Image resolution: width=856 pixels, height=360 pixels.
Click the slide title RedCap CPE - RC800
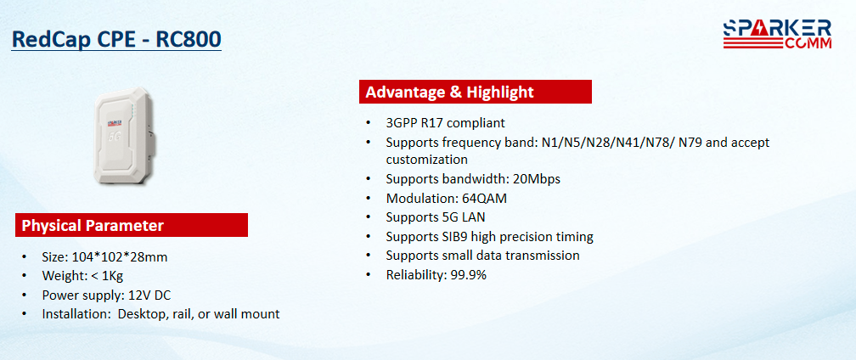[116, 40]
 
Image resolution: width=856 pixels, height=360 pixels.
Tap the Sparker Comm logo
[777, 34]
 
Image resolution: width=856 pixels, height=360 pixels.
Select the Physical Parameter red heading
[132, 225]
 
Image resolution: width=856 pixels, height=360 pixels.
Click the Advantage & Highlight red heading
[476, 92]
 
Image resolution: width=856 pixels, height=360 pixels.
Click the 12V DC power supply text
[149, 295]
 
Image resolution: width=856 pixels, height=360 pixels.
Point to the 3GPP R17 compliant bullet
[446, 123]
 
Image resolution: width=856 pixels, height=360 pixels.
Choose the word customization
[427, 160]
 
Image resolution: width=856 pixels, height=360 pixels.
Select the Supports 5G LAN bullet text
[436, 217]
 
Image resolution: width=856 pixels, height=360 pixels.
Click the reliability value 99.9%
[469, 275]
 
